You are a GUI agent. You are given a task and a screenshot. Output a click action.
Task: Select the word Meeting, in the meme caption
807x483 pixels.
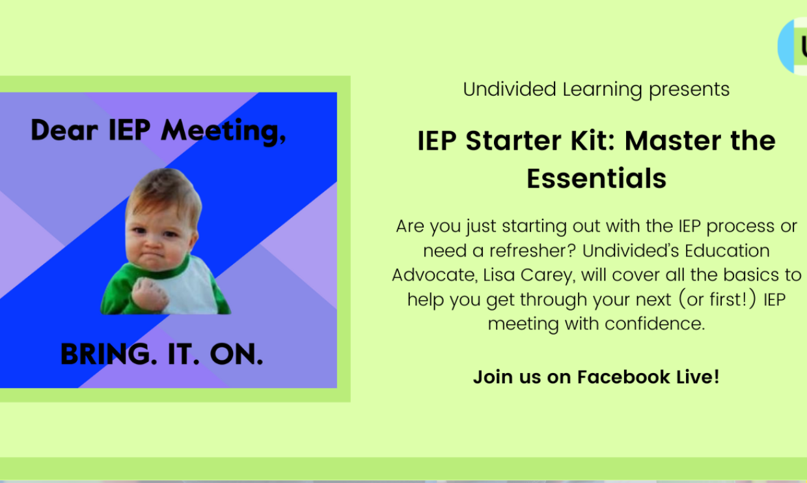click(223, 131)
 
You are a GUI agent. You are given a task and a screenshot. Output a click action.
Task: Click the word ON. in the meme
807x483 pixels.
click(236, 354)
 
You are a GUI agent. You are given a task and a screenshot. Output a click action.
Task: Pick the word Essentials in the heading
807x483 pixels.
click(597, 178)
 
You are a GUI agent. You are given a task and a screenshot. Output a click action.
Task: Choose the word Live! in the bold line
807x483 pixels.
click(699, 377)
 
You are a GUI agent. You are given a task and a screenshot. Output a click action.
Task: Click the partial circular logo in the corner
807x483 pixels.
click(794, 46)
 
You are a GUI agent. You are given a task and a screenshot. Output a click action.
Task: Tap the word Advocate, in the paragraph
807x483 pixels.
click(433, 275)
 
